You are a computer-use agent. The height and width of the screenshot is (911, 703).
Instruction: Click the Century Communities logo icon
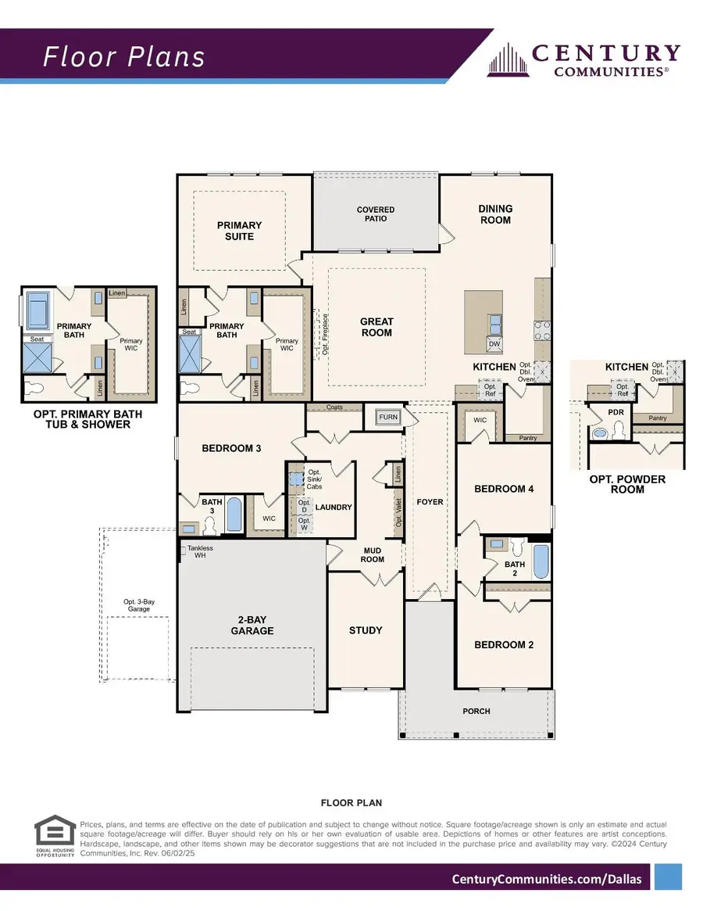coord(508,60)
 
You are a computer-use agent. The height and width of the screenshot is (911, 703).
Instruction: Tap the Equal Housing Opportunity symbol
coord(55,835)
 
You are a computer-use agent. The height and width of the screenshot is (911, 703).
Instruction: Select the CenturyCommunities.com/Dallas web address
coord(547,879)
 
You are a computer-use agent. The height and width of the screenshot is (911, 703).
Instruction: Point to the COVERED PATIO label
coord(376,214)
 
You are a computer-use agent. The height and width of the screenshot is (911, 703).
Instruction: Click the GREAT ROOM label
coord(376,327)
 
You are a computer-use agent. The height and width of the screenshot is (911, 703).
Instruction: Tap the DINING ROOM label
coord(495,214)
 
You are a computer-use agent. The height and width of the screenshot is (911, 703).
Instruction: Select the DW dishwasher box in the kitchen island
coord(494,344)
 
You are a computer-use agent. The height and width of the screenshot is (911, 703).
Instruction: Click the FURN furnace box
coord(388,418)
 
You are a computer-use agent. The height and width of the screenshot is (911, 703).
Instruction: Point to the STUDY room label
coord(366,630)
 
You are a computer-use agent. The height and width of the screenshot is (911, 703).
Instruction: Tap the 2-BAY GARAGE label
coord(252,625)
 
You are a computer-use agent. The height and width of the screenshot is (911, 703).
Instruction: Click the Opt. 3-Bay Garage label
coord(139,605)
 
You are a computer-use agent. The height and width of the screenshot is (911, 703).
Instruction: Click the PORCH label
coord(476,711)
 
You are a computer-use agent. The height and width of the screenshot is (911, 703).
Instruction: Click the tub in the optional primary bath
coord(37,310)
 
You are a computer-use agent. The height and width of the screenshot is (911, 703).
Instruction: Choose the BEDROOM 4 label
coord(504,489)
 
